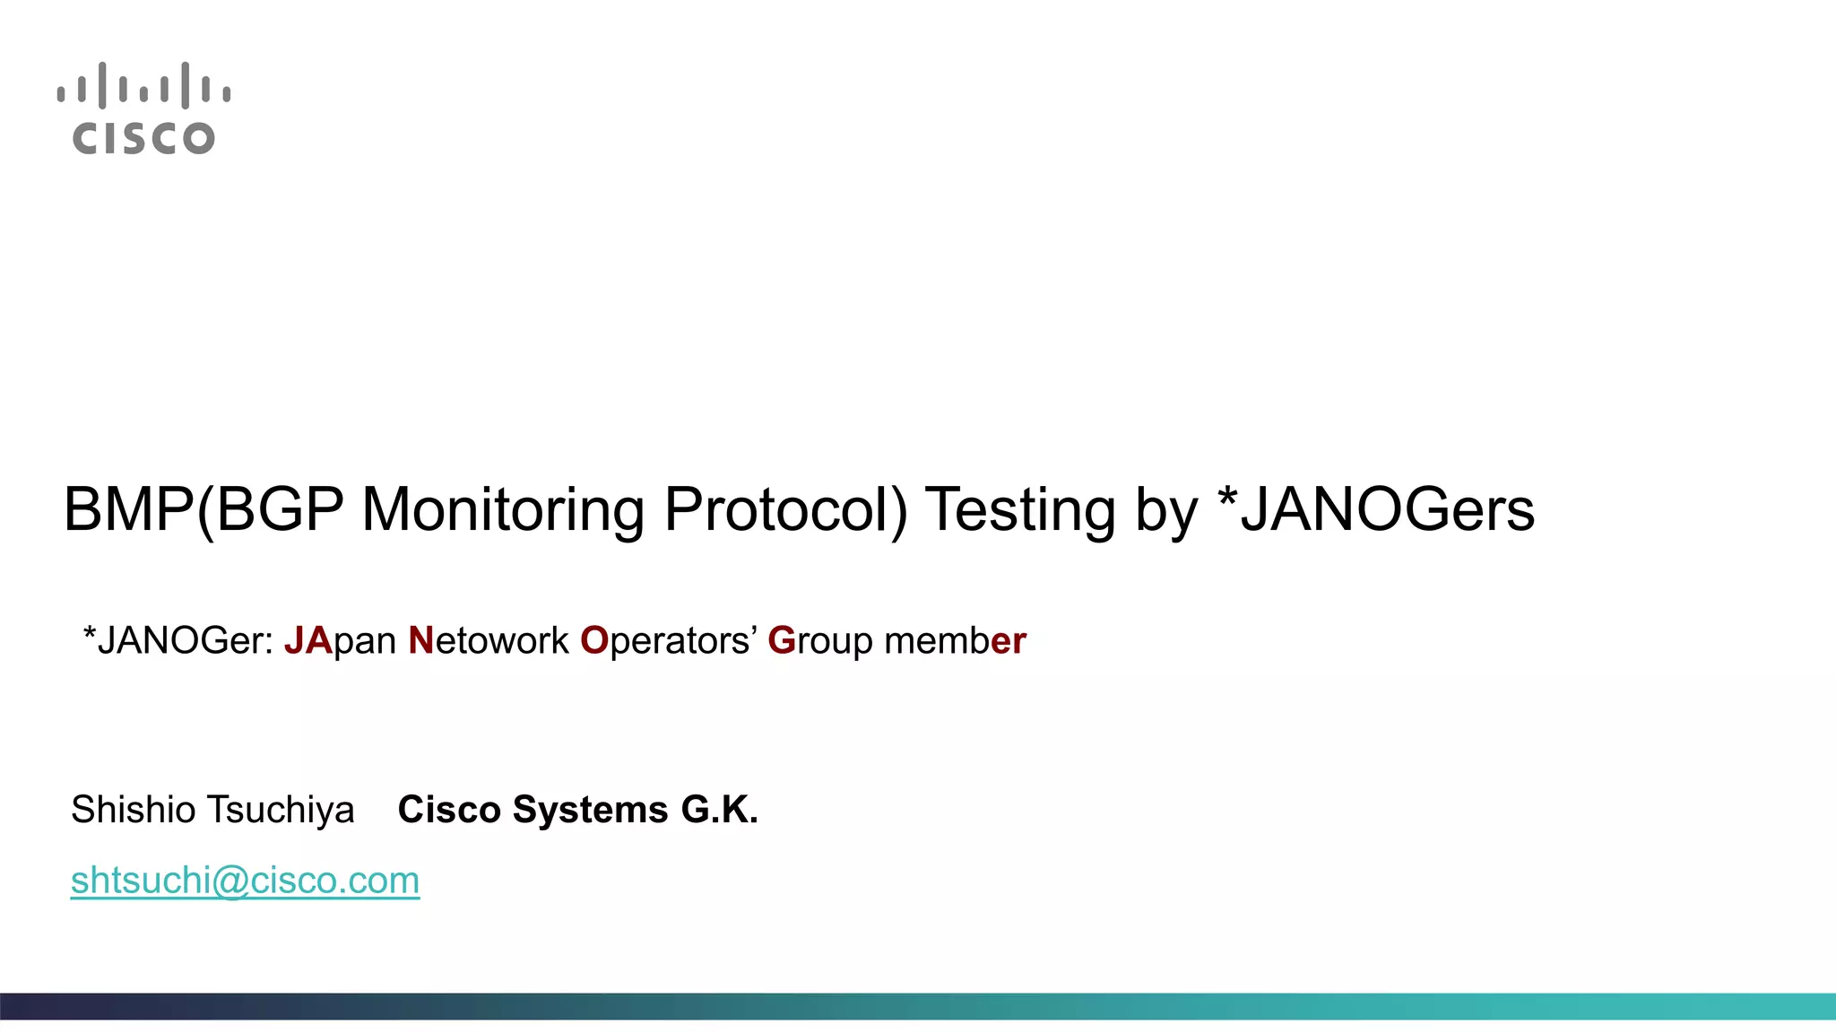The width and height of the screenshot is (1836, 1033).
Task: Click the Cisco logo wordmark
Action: point(143,138)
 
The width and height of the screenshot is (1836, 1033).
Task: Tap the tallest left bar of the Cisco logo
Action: point(102,85)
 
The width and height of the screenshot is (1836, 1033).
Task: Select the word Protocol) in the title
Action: point(785,510)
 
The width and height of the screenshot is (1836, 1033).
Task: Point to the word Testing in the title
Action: point(1020,510)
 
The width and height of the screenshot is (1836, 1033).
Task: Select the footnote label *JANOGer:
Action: point(178,641)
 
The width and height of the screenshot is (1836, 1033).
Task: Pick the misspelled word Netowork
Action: point(489,641)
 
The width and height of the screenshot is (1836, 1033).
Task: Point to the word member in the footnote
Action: point(955,641)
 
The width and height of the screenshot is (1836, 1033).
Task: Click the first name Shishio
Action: point(134,810)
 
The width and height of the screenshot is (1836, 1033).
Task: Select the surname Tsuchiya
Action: point(281,810)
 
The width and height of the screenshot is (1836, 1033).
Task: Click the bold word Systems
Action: point(590,810)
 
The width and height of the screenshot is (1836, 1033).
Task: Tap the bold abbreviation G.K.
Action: point(720,810)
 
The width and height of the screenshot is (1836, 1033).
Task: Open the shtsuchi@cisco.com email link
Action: point(245,881)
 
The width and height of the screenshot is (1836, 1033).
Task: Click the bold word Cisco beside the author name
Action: point(449,810)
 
